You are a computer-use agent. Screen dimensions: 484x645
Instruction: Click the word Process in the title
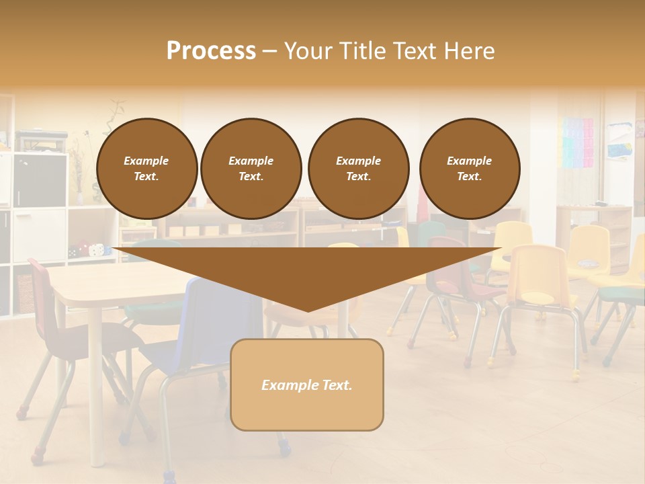point(211,51)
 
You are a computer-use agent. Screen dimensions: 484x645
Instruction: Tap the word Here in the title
point(468,51)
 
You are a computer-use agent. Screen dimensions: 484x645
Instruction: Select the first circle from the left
point(146,169)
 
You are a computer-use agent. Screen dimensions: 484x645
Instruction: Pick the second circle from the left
point(251,169)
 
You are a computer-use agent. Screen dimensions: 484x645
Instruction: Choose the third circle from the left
point(358,169)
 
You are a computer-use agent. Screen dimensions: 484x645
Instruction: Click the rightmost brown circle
point(469,169)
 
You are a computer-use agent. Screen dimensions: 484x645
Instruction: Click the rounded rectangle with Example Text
point(306,385)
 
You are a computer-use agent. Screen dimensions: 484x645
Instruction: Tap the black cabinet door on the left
point(40,179)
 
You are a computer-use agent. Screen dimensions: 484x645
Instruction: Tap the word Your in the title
point(306,51)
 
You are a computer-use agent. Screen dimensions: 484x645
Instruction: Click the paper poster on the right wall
point(619,139)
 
